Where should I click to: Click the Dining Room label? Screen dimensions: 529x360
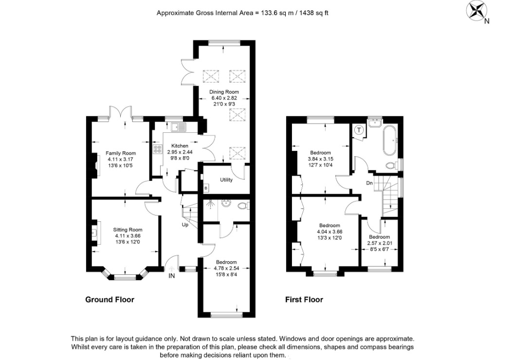[x=224, y=92]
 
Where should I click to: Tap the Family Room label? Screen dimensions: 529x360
[x=121, y=153]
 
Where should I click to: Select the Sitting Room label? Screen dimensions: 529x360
[x=128, y=230]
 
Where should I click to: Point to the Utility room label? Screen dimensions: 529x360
[x=226, y=180]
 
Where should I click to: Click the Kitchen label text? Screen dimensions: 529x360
[x=180, y=146]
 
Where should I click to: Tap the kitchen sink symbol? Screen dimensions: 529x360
[x=179, y=127]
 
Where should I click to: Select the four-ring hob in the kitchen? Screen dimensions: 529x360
[x=158, y=149]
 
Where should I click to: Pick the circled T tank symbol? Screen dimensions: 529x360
[x=359, y=130]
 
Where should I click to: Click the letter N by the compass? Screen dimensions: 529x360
[x=487, y=21]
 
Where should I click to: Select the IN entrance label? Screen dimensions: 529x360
[x=172, y=276]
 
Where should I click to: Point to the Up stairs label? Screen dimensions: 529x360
[x=185, y=225]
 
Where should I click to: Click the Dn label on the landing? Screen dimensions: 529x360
[x=369, y=183]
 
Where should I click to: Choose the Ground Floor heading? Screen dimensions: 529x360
[x=109, y=300]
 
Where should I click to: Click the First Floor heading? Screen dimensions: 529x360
[x=304, y=300]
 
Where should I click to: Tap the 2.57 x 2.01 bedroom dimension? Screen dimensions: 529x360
[x=380, y=243]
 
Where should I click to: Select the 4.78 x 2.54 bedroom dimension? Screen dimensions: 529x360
[x=226, y=269]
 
